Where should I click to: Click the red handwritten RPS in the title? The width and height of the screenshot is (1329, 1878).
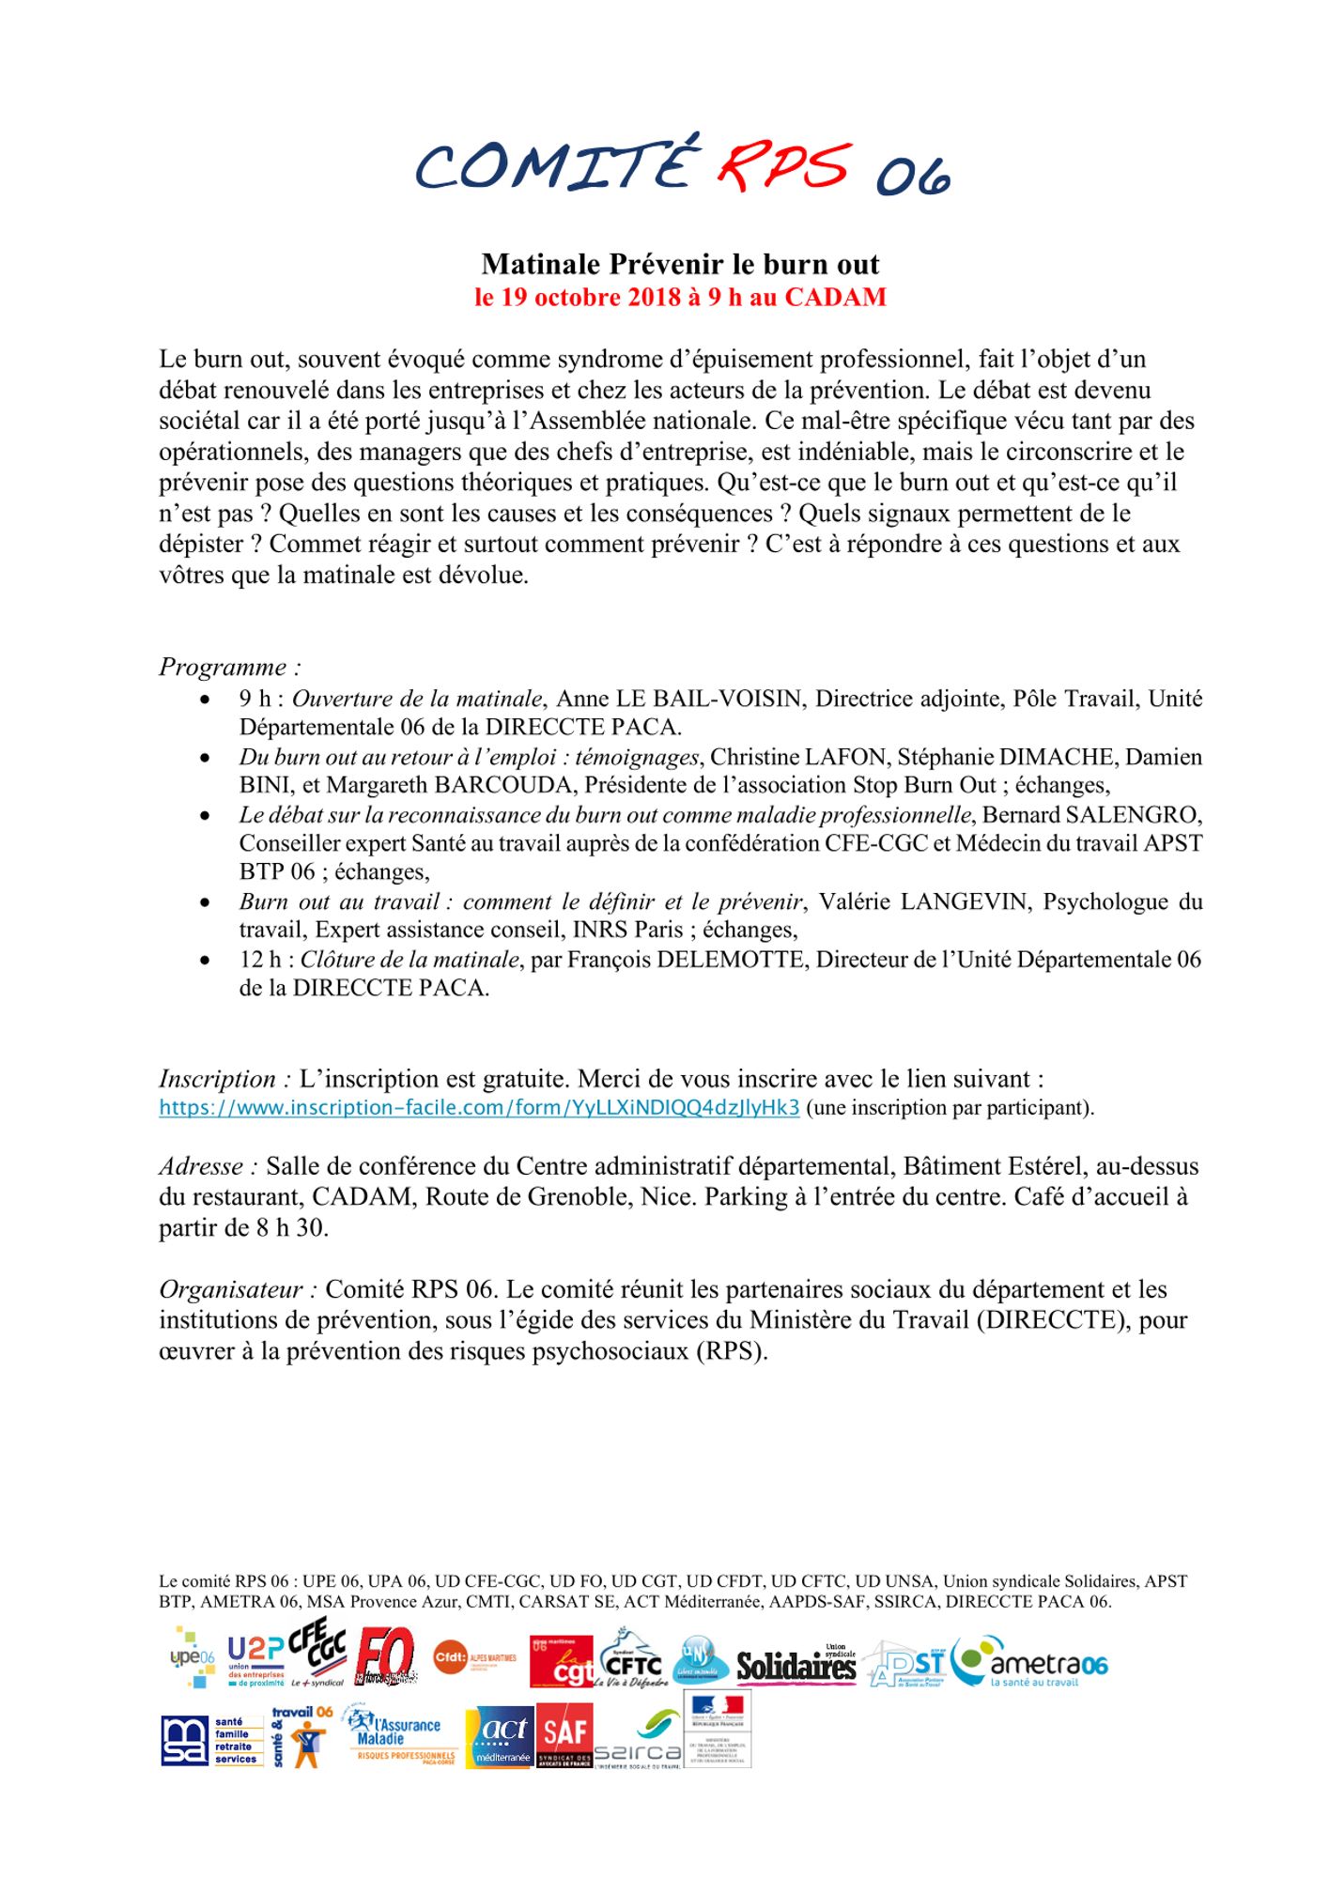783,164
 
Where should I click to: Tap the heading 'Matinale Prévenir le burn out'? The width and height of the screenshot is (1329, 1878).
680,264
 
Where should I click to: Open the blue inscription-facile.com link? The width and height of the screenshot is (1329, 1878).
479,1108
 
